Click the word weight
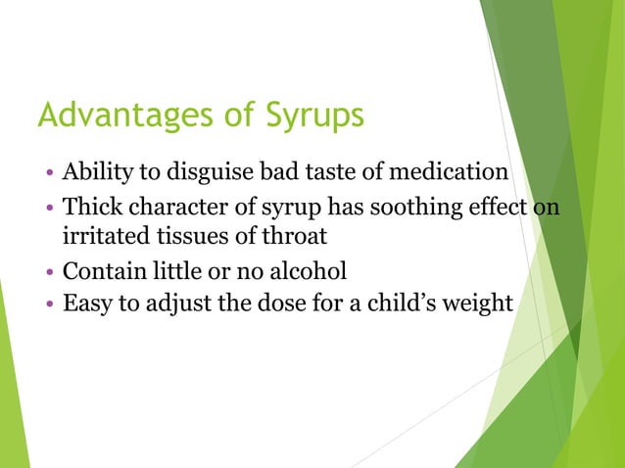[479, 304]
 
